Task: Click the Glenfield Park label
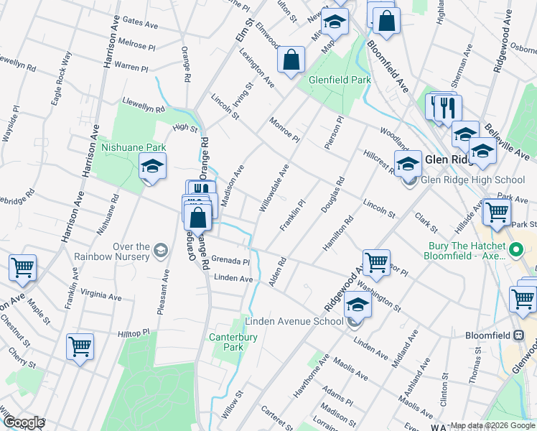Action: (340, 80)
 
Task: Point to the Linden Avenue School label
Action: (294, 320)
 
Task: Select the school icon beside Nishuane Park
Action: (152, 167)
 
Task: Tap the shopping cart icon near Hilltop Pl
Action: (80, 346)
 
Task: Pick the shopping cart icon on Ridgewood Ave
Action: (376, 262)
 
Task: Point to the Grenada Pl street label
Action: (230, 261)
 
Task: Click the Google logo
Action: (23, 422)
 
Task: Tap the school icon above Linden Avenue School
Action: (358, 305)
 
